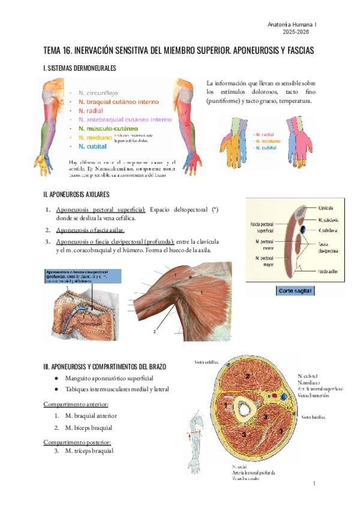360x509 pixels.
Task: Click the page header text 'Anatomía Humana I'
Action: pyautogui.click(x=291, y=23)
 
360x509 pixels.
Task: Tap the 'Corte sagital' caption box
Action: pyautogui.click(x=296, y=291)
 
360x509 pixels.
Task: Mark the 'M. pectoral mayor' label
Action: pyautogui.click(x=265, y=261)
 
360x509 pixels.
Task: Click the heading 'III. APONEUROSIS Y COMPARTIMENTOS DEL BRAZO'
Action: pyautogui.click(x=104, y=366)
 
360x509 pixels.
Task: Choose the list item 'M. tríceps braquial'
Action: pyautogui.click(x=89, y=450)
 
